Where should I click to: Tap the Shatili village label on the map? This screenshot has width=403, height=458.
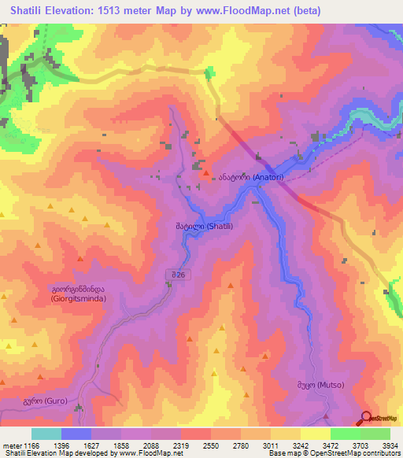(193, 226)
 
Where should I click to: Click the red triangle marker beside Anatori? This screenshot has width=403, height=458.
(206, 174)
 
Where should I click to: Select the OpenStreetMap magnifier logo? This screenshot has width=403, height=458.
(365, 418)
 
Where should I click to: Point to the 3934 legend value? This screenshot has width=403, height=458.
(390, 445)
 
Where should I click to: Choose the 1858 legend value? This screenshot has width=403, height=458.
(120, 445)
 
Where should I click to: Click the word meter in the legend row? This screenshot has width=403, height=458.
(10, 445)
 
